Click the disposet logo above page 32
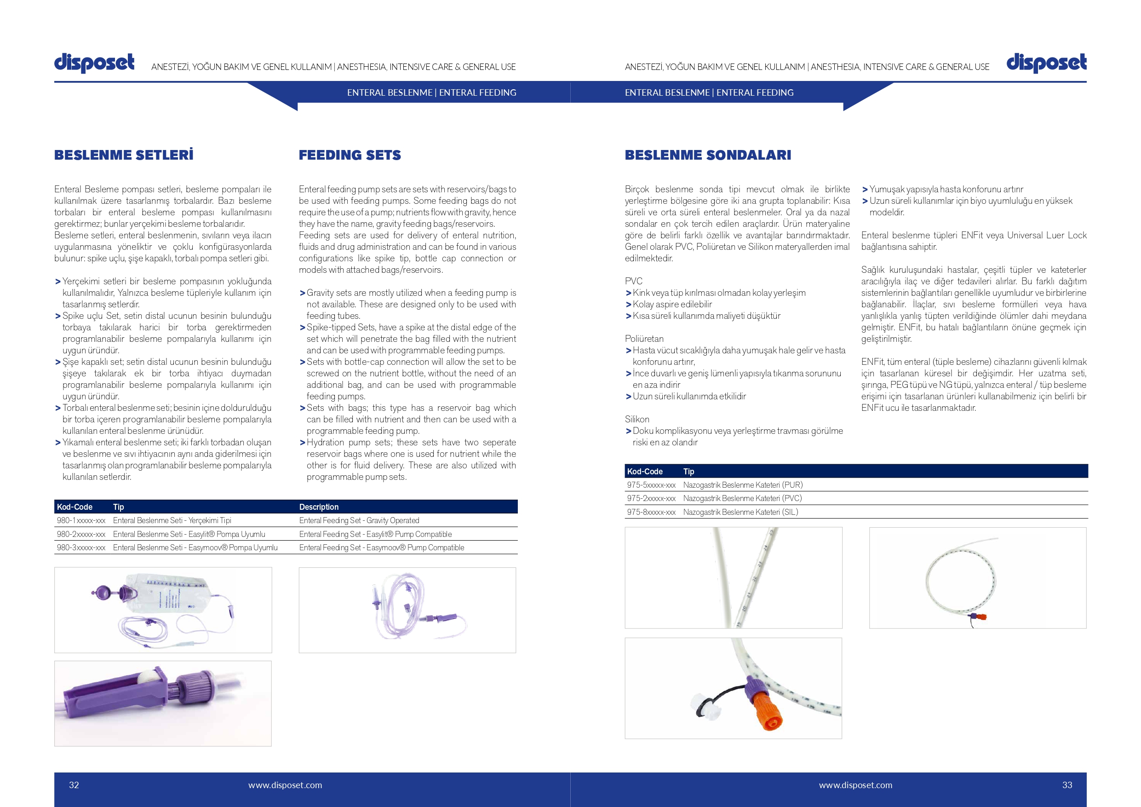(x=94, y=63)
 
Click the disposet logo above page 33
(x=1047, y=63)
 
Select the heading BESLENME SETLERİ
(x=124, y=155)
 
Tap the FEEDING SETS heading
(x=350, y=155)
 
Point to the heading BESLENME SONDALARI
(x=708, y=155)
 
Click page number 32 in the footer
(x=74, y=784)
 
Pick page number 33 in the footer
(x=1067, y=784)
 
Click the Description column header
(x=319, y=507)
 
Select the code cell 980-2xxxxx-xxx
(x=81, y=534)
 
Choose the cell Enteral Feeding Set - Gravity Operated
(x=359, y=520)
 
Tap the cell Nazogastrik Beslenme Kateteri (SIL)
(x=740, y=512)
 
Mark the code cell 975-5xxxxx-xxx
(x=651, y=485)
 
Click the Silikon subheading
(x=637, y=419)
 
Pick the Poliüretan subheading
(x=644, y=339)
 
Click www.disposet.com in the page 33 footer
(x=856, y=785)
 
